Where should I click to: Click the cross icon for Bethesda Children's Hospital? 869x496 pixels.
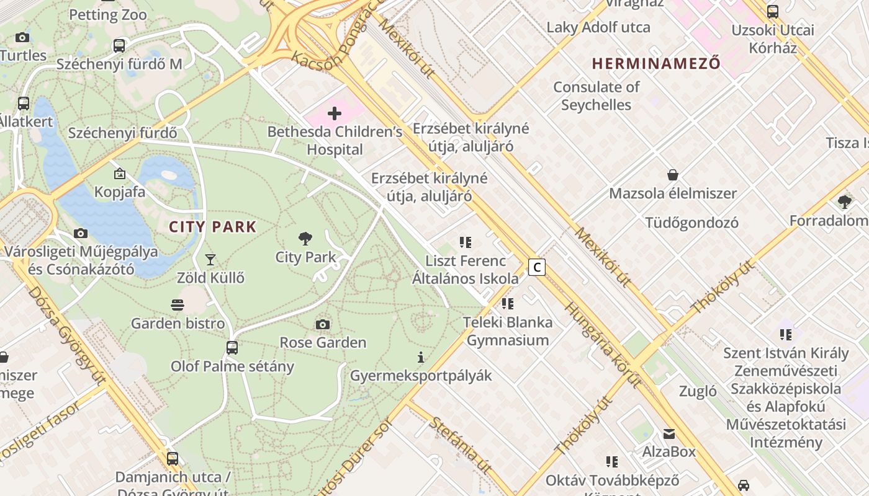335,113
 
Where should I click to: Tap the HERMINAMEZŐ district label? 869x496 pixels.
656,63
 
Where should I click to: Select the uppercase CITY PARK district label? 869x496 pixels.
213,227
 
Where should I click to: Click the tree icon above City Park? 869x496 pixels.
305,238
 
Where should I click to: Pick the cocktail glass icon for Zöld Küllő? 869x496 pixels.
210,259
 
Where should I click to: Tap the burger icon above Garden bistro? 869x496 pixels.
178,304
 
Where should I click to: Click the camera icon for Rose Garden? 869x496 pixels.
322,324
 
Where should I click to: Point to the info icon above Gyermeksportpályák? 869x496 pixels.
421,357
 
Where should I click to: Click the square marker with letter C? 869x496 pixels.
536,267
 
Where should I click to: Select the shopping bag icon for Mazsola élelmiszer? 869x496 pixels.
672,175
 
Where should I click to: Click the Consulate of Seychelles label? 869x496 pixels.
596,96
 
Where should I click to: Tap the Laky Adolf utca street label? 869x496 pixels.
598,27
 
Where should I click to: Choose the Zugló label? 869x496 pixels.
698,391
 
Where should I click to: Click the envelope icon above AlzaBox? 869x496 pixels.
669,433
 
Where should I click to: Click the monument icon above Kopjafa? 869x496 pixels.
119,174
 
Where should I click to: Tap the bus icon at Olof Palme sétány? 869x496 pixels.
232,348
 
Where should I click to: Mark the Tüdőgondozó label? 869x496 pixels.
691,223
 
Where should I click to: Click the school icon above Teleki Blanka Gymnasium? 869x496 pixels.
508,304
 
